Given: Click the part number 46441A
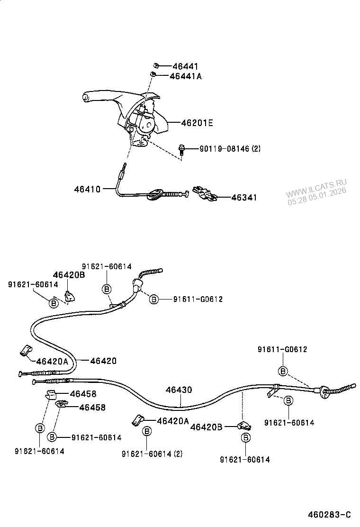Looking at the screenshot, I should coord(186,76).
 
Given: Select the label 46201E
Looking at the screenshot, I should coord(197,123).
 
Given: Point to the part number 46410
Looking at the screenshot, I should coord(87,189).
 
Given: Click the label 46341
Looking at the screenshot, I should coord(244,198).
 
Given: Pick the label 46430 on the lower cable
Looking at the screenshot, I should coord(179,391).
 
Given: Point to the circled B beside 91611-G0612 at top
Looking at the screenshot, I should coord(154,299).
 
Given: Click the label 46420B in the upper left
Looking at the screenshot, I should coord(69,275).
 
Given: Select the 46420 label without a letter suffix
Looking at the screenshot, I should coord(103,361).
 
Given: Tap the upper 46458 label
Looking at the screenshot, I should coord(83,393).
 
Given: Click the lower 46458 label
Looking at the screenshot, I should coord(92,407).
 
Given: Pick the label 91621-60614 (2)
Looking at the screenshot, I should coord(152,454).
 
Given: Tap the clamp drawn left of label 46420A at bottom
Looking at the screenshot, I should coord(137,420).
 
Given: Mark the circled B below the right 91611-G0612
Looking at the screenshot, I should coord(283,371).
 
